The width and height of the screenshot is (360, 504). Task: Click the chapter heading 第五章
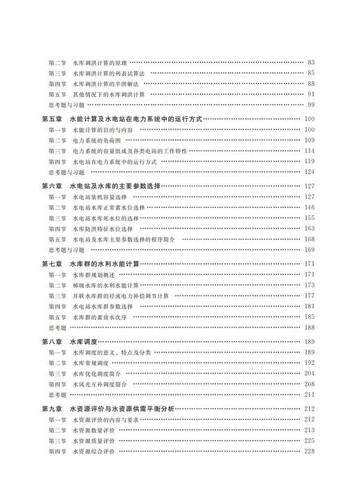(x=54, y=119)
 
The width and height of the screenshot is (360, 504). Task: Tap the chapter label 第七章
(x=54, y=263)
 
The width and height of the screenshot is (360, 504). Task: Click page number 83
(x=311, y=62)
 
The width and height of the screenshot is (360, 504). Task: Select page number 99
(x=311, y=104)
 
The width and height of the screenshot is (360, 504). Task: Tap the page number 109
(x=309, y=140)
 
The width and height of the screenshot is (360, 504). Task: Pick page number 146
(x=309, y=207)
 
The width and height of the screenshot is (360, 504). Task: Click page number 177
(x=309, y=296)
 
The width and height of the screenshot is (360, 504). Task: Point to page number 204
(x=309, y=373)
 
